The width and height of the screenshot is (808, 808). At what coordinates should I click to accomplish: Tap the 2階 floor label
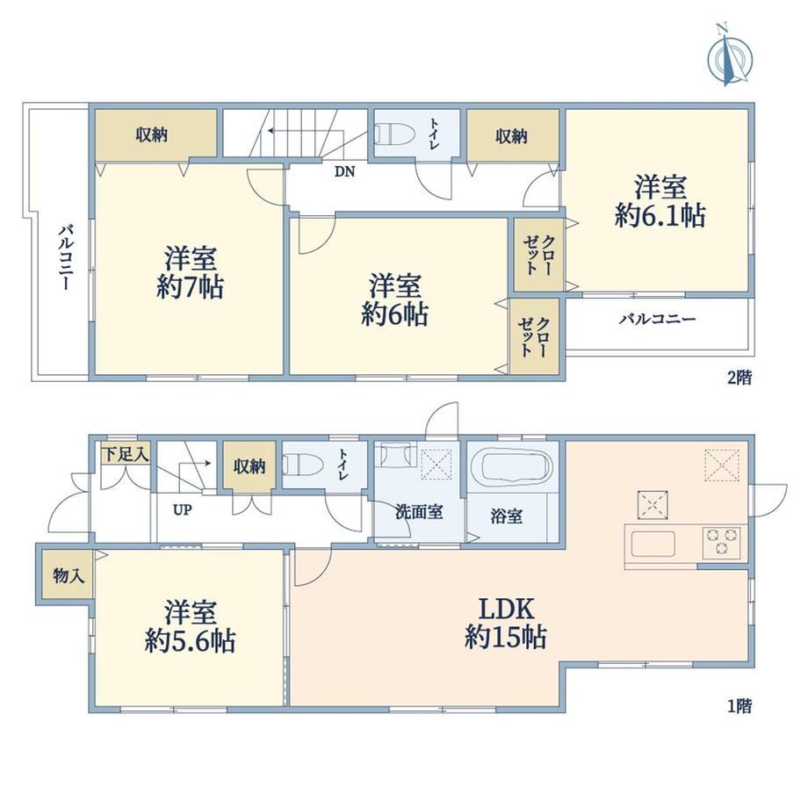point(739,378)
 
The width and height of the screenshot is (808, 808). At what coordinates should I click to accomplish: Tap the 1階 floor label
point(739,705)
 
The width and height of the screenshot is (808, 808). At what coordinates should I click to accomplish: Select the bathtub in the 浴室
point(512,465)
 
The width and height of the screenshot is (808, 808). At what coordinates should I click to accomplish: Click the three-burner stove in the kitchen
point(721,542)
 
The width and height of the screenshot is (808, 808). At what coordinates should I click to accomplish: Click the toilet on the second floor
point(394,134)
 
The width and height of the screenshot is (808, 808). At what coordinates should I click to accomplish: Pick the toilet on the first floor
point(303,465)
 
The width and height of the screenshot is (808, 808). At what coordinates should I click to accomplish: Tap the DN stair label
point(345,171)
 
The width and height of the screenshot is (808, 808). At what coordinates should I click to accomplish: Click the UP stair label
point(183,510)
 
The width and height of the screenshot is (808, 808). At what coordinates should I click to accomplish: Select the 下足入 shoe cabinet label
point(126,455)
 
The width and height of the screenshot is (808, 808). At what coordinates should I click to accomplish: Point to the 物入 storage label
point(69,575)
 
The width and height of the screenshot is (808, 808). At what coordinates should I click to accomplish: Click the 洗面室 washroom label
point(419,512)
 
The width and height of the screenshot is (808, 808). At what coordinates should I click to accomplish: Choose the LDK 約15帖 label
point(506,623)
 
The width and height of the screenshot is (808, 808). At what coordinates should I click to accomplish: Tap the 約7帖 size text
point(191,286)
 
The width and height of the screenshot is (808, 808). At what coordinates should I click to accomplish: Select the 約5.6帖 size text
point(191,640)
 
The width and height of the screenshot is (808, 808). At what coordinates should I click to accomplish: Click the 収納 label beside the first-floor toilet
point(249,466)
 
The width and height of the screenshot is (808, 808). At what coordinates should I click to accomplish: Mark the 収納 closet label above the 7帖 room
point(151,135)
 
